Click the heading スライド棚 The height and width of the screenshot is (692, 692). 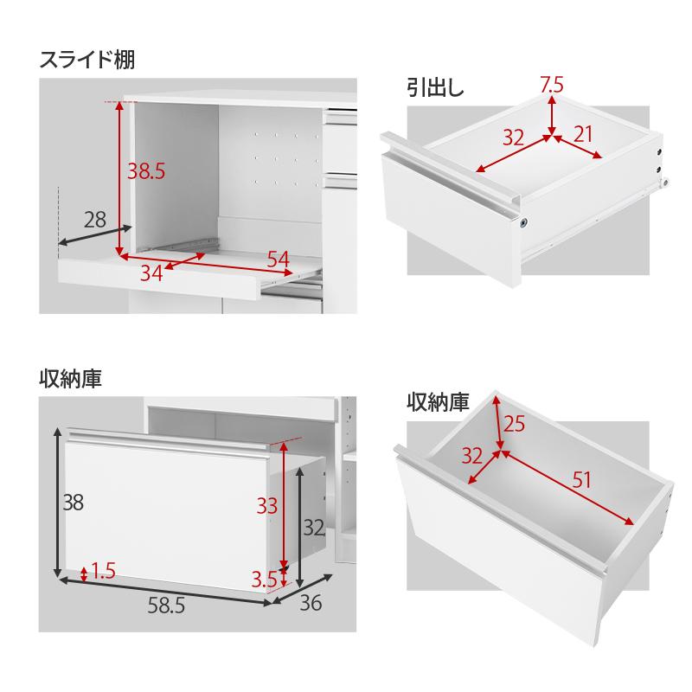(86, 61)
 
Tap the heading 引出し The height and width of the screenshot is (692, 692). (436, 86)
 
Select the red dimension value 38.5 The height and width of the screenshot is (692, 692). (146, 171)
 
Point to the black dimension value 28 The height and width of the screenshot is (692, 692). (95, 220)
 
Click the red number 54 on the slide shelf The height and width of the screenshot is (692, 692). (278, 259)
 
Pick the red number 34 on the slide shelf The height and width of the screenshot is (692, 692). (151, 273)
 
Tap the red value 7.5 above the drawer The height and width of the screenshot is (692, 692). (552, 84)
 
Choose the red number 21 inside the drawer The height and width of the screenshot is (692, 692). (583, 134)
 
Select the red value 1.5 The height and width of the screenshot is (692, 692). (103, 570)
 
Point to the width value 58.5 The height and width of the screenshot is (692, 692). (165, 606)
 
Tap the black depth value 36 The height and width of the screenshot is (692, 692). (309, 603)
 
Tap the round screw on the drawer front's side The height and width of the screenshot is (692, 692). (524, 224)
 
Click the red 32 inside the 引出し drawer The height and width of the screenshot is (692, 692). (514, 137)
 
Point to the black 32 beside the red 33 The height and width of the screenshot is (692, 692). (312, 527)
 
